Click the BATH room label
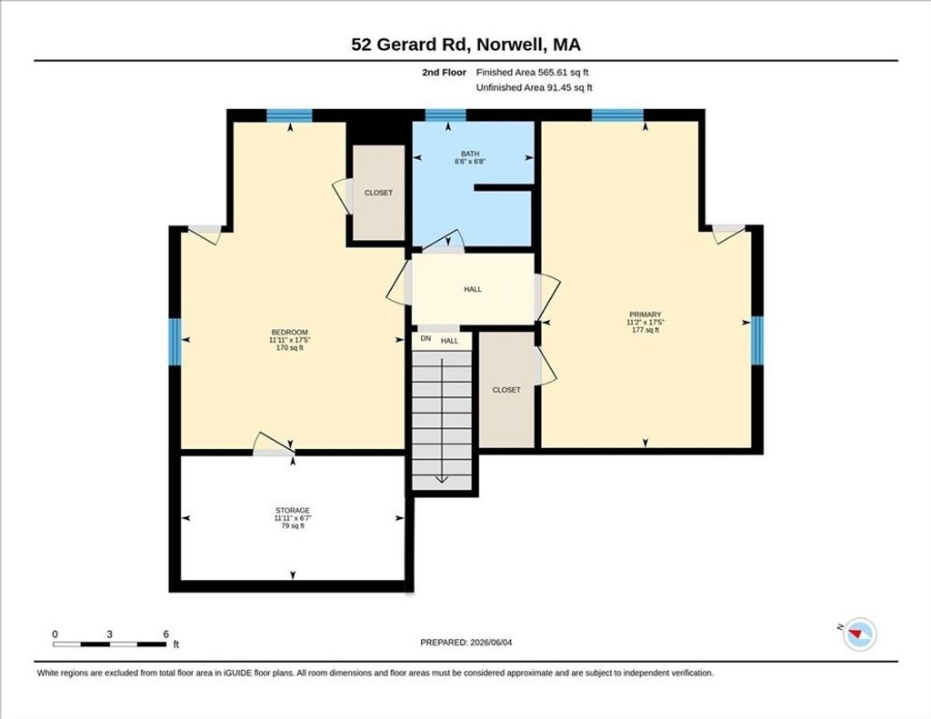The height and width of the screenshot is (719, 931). [x=470, y=154]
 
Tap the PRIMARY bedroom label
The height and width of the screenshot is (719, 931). [x=646, y=315]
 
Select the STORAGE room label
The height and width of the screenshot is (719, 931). [x=292, y=511]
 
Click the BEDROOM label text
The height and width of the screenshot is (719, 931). [x=290, y=333]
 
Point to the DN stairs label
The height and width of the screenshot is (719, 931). [x=425, y=338]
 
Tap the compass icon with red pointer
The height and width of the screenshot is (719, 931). [x=859, y=634]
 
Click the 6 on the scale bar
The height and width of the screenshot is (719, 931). [x=165, y=634]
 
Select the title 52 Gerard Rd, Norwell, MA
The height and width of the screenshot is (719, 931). [x=466, y=45]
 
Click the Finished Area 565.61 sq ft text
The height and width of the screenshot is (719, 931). [x=533, y=73]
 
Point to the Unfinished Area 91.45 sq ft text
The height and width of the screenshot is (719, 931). [x=535, y=88]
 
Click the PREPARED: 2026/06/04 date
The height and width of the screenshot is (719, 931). [x=466, y=642]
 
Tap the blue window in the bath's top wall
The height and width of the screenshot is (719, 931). [x=445, y=115]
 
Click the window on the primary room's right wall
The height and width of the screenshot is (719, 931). [x=757, y=341]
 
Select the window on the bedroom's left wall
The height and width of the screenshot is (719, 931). [x=175, y=342]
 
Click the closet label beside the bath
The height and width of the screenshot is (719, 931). [x=378, y=193]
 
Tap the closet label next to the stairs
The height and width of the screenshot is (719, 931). [x=506, y=390]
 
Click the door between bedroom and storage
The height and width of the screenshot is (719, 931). [x=274, y=445]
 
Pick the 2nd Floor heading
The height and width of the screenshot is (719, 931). [x=444, y=73]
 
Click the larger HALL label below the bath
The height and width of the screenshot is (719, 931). [x=473, y=289]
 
